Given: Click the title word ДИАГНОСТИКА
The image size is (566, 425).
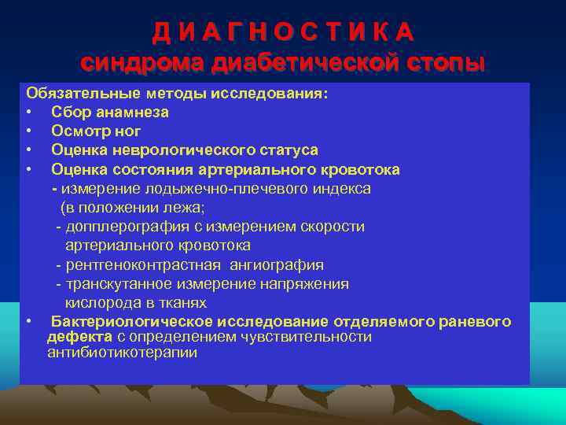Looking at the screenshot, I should click(x=283, y=32).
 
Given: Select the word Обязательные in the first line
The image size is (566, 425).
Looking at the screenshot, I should click(x=75, y=94).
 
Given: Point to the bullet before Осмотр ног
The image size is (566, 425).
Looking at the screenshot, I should click(x=28, y=131).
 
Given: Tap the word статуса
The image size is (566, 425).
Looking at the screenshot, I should click(x=286, y=150).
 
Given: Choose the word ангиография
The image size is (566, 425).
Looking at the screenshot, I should click(x=275, y=265).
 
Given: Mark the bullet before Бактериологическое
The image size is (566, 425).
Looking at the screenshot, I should click(x=28, y=322).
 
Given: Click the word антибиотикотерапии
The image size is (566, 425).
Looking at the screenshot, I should click(x=122, y=353).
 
